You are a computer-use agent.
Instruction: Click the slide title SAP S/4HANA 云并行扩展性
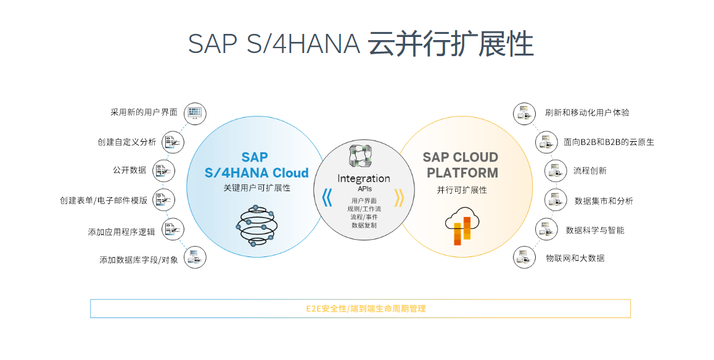pos(361,44)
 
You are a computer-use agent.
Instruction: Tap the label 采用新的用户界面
pos(144,112)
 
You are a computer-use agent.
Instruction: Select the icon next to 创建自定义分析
pos(173,142)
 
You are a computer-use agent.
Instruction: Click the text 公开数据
pos(129,170)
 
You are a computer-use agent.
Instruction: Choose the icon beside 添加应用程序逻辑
pos(173,229)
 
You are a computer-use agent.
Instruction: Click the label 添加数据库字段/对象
pos(139,260)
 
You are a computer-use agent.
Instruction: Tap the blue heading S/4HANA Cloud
pos(256,173)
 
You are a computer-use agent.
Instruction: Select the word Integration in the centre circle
pos(364,178)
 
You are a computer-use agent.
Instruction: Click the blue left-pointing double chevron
pos(327,197)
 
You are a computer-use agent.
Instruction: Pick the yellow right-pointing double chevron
pos(399,197)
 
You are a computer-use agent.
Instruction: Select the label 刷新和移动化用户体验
pos(587,113)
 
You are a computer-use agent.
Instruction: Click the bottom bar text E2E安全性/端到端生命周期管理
pos(366,308)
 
